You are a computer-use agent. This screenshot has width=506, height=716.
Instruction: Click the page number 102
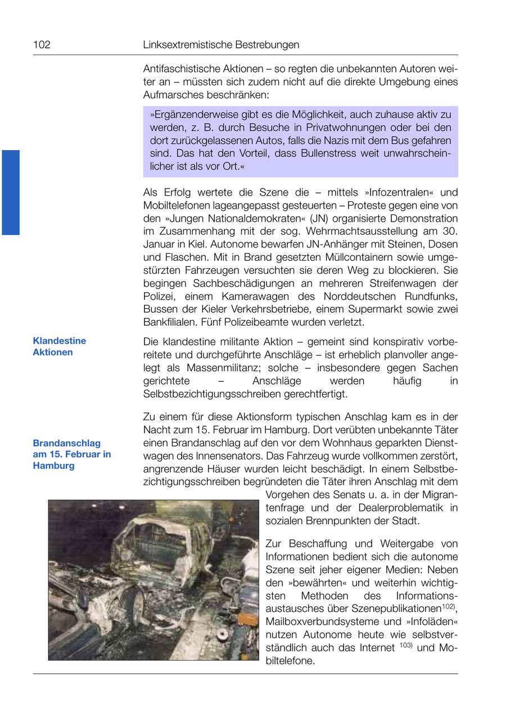click(42, 44)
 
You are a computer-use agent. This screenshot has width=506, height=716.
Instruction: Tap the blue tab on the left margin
click(11, 192)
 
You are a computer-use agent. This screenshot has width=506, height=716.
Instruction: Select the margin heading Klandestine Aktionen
click(60, 346)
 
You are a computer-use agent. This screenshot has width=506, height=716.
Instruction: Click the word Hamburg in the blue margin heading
click(53, 466)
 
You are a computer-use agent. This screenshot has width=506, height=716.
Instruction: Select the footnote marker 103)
click(406, 646)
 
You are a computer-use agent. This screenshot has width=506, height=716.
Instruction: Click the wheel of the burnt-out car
click(134, 604)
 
